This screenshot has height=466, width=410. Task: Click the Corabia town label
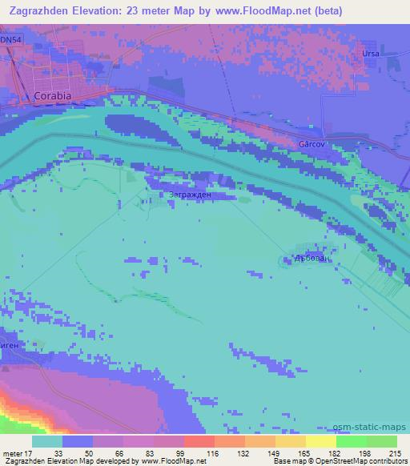tap(54, 95)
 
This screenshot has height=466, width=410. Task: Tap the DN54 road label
tap(11, 39)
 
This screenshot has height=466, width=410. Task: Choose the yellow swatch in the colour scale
tap(320, 441)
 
